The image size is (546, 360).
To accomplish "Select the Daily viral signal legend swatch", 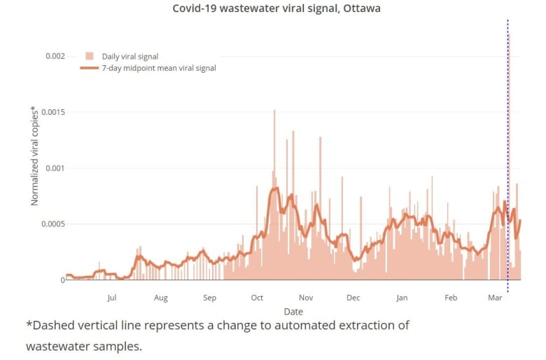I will (x=89, y=55).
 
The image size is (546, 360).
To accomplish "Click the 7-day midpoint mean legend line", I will (x=89, y=68).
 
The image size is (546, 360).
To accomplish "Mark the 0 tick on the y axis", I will (x=62, y=280).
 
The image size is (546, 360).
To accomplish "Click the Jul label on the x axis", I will (x=112, y=298).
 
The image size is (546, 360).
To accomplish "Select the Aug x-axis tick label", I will (x=161, y=298).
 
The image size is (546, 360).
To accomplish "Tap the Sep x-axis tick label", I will (x=209, y=298).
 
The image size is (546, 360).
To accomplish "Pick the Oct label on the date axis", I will (x=257, y=298).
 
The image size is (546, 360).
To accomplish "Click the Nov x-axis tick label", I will (x=305, y=298).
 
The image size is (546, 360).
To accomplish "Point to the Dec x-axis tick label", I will (x=353, y=298).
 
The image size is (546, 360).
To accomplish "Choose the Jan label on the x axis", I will (x=402, y=298).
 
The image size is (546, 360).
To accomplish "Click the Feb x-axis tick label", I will (x=451, y=298).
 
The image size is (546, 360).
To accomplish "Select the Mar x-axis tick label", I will (x=496, y=298).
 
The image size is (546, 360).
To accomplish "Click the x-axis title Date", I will (x=293, y=311).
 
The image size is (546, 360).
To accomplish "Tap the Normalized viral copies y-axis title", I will (x=34, y=155).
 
